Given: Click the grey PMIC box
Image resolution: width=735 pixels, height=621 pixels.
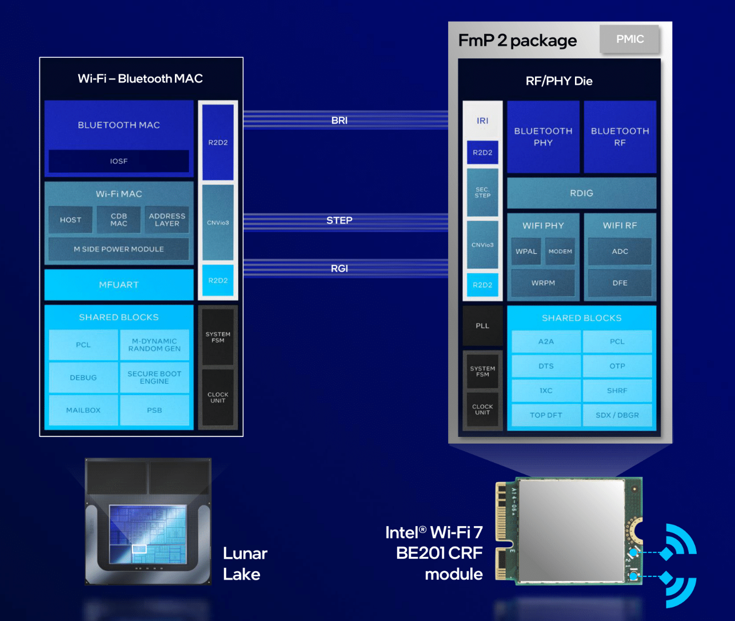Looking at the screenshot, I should [x=629, y=39].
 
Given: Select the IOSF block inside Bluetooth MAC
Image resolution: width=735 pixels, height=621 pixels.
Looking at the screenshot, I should [x=119, y=161].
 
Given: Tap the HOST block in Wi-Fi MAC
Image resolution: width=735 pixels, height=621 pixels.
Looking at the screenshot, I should [x=70, y=220].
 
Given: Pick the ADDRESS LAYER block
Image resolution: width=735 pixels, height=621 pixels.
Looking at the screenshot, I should [x=167, y=220].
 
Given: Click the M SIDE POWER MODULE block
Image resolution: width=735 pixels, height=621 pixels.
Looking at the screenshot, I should [x=119, y=249].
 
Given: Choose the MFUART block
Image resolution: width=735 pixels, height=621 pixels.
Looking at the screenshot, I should [x=119, y=285].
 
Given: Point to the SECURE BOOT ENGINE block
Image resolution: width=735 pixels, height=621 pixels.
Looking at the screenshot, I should [x=154, y=377].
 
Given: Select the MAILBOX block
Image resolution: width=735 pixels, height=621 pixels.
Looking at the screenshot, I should [x=83, y=410].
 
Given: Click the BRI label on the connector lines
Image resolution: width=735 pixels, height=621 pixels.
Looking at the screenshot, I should [x=339, y=121].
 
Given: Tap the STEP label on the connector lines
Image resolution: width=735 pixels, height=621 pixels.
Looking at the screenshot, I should [x=339, y=221].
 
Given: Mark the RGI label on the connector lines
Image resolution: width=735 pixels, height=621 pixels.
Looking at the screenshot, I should [x=339, y=269].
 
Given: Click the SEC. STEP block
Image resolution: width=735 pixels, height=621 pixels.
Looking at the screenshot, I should [x=482, y=193].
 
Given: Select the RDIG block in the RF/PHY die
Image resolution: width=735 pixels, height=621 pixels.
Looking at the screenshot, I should [x=581, y=193].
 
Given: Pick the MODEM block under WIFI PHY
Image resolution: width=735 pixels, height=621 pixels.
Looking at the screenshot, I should [x=560, y=252].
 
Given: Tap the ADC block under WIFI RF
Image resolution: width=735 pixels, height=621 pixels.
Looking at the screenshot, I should [x=620, y=252].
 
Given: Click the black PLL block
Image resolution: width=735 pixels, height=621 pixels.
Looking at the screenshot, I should [x=482, y=326].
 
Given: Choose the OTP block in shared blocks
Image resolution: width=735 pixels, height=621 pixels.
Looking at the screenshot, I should [x=617, y=366].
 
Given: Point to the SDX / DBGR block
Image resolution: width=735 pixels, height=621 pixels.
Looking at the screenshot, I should [x=617, y=415].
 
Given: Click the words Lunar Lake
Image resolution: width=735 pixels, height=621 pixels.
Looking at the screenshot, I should [x=245, y=564].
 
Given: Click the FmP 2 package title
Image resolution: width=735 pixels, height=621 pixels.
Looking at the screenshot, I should [x=517, y=41].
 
